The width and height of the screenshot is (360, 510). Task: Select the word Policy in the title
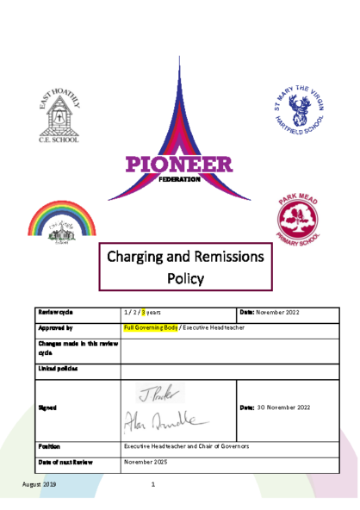coord(186,278)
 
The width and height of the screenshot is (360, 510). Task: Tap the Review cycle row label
coord(58,311)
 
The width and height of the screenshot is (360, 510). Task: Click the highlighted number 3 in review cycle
coord(146,311)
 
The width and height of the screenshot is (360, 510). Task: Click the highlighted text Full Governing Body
coord(150,328)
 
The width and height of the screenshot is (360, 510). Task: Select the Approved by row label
coord(56,328)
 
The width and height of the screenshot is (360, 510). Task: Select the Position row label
coord(49,446)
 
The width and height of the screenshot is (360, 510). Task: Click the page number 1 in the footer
coord(152,485)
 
